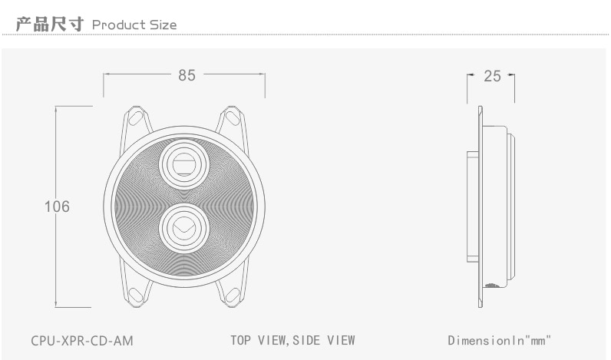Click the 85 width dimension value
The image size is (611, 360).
tap(187, 75)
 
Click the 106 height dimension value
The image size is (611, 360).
tap(57, 206)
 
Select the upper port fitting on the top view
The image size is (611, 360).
tap(184, 163)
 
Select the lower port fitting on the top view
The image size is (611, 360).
tap(184, 226)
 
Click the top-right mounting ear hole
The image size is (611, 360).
tap(232, 118)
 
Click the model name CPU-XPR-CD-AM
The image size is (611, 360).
tap(77, 340)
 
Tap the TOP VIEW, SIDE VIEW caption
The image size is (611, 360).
tap(292, 340)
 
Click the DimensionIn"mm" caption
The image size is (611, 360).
tap(500, 340)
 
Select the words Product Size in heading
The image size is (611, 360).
tap(134, 25)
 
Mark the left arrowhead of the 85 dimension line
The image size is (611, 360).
tap(106, 74)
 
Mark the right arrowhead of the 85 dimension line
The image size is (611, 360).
tap(263, 74)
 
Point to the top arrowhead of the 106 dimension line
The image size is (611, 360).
tap(57, 108)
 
